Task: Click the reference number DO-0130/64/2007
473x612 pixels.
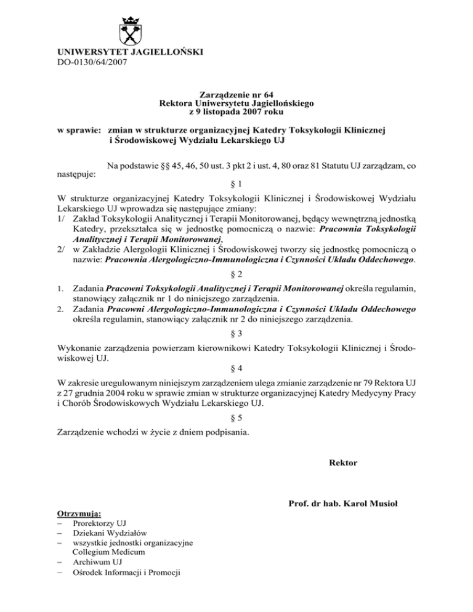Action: pos(91,62)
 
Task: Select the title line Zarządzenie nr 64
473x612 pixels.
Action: pos(236,95)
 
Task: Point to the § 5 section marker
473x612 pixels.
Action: pos(236,416)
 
